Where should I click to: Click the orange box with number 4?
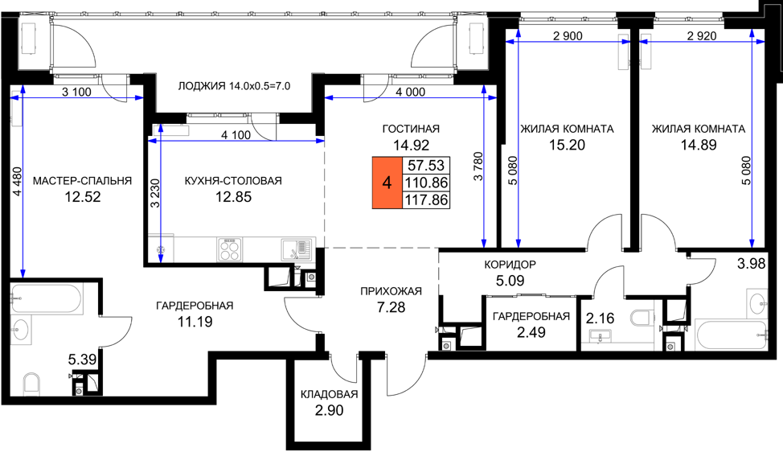tap(387, 183)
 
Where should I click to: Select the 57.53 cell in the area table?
tap(426, 166)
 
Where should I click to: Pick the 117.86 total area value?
tap(426, 199)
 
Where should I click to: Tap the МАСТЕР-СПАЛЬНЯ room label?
tap(82, 181)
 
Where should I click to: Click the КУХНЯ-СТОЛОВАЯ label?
tap(233, 181)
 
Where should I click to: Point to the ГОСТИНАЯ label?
tap(411, 129)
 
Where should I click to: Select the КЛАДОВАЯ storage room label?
tap(330, 395)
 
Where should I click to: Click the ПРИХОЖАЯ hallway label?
tap(391, 291)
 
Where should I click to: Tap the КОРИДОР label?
tap(510, 265)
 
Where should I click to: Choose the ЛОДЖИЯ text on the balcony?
tap(202, 86)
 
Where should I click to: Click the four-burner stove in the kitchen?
tap(230, 249)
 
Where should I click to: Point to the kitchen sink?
tap(296, 249)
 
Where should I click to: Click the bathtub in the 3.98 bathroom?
tap(730, 335)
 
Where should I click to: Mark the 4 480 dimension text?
tap(18, 181)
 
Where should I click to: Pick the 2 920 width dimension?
tap(702, 36)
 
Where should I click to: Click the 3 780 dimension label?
tap(478, 166)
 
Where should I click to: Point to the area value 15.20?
tap(567, 146)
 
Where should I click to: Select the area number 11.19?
tap(195, 323)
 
